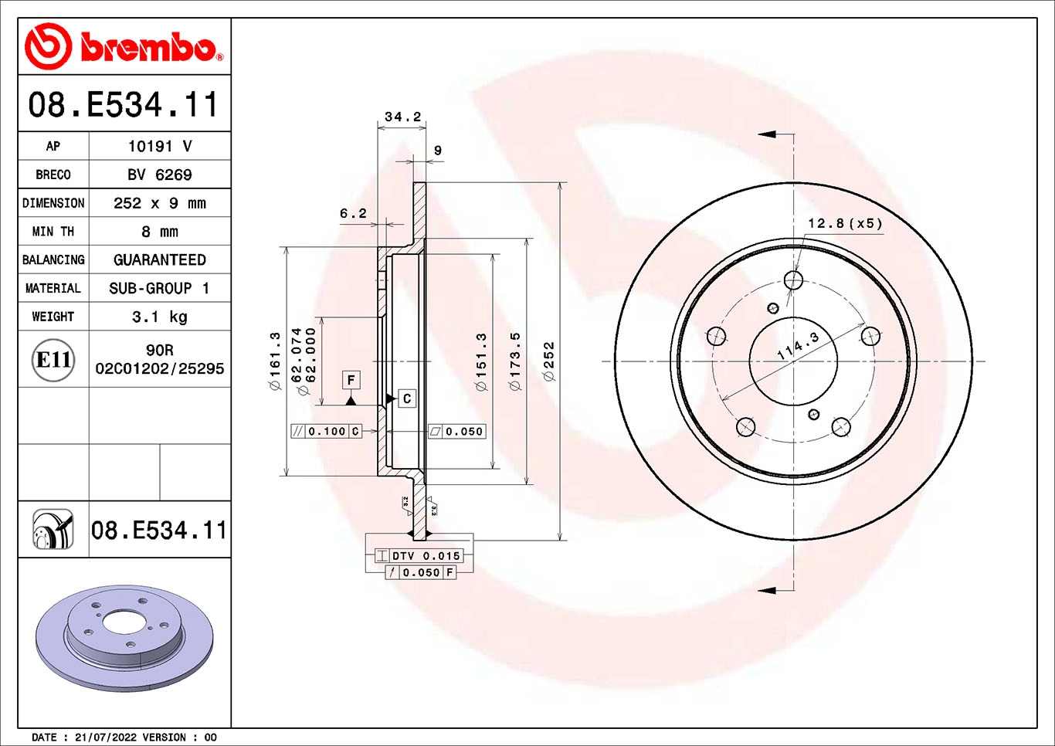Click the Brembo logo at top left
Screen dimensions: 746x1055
pos(124,47)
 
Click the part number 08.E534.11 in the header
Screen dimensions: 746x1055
pos(124,105)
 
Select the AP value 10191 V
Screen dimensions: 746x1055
pos(160,146)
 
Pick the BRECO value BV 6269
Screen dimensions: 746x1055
pos(160,175)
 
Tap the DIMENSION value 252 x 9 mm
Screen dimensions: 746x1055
pos(160,203)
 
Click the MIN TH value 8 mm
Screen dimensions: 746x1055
pos(160,232)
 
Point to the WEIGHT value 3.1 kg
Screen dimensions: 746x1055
pos(160,317)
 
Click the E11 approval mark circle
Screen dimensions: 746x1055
pos(53,360)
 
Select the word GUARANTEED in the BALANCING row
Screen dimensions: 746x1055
pos(160,260)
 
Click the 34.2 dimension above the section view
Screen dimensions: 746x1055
pos(403,117)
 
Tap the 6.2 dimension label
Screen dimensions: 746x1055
pos(353,214)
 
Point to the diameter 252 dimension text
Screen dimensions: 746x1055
pos(549,361)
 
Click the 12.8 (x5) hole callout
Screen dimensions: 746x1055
pos(845,223)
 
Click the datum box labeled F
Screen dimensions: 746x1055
pos(351,380)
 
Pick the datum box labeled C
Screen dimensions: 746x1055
pos(407,398)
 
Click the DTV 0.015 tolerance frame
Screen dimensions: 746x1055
pos(419,556)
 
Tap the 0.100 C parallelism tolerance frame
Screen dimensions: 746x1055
pos(326,432)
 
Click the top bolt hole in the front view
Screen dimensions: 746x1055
pos(793,280)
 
